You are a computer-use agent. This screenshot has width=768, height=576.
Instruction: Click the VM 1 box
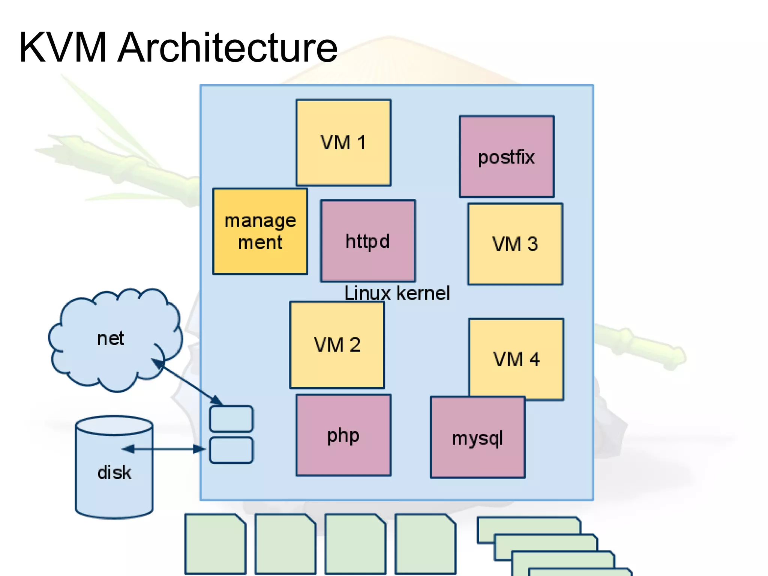[343, 143]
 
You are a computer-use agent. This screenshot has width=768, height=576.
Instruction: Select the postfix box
[506, 156]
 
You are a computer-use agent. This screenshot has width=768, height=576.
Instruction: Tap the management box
[260, 231]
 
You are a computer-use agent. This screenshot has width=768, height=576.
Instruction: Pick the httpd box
[367, 241]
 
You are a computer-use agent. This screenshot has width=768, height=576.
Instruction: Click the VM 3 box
[515, 244]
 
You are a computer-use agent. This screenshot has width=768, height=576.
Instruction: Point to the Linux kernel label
[397, 293]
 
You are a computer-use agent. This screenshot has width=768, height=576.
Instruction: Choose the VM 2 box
[337, 344]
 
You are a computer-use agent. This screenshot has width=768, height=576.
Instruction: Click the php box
[343, 435]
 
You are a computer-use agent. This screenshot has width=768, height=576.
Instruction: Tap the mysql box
[477, 438]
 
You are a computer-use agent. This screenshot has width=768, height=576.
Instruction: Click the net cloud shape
[111, 338]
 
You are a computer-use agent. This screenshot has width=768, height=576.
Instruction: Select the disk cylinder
[114, 472]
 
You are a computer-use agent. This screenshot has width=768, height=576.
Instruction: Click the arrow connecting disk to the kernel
[163, 448]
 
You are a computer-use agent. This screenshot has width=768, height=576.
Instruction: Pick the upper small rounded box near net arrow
[231, 419]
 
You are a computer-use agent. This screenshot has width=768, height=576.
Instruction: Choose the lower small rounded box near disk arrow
[231, 450]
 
